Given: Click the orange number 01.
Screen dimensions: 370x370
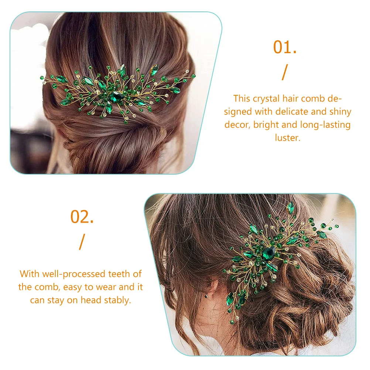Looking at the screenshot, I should (284, 48).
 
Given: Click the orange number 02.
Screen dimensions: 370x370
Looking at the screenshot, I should (82, 217).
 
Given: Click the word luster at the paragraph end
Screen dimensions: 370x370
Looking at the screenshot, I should (287, 138).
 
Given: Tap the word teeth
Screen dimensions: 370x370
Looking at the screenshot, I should (120, 274).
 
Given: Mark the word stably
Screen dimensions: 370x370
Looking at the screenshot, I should (118, 300).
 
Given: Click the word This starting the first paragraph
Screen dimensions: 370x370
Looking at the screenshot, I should (242, 99).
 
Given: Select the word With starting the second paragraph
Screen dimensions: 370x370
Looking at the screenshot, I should (29, 274).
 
